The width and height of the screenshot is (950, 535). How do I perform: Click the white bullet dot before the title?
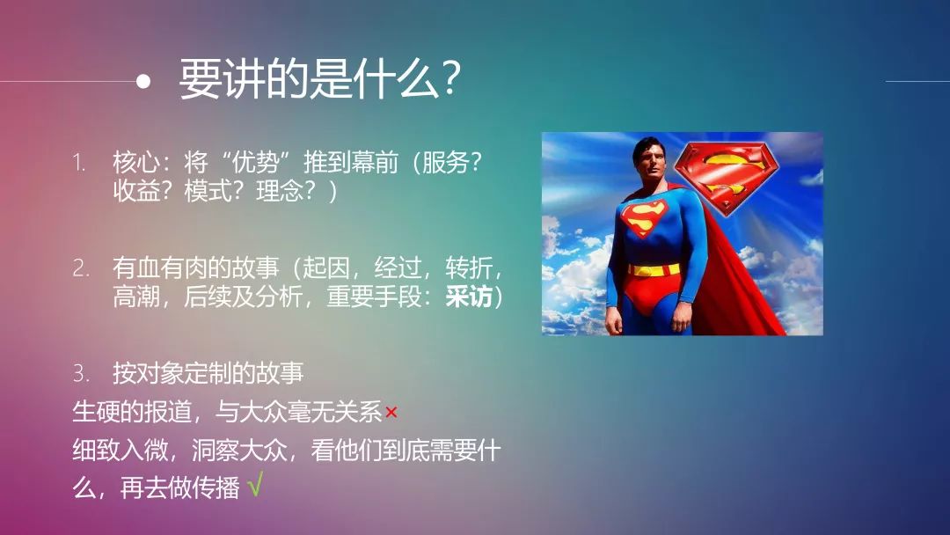143,81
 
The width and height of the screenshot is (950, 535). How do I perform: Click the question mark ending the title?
450,78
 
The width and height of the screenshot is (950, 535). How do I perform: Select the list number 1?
79,163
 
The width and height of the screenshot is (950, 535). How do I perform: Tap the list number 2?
81,267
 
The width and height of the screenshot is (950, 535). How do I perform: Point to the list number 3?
81,373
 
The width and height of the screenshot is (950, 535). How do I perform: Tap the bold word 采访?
469,297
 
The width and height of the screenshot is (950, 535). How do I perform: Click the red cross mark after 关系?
391,413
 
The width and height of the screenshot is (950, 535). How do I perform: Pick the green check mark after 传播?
255,485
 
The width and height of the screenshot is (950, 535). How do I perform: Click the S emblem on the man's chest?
643,217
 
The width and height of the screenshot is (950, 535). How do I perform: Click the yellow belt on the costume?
653,269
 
